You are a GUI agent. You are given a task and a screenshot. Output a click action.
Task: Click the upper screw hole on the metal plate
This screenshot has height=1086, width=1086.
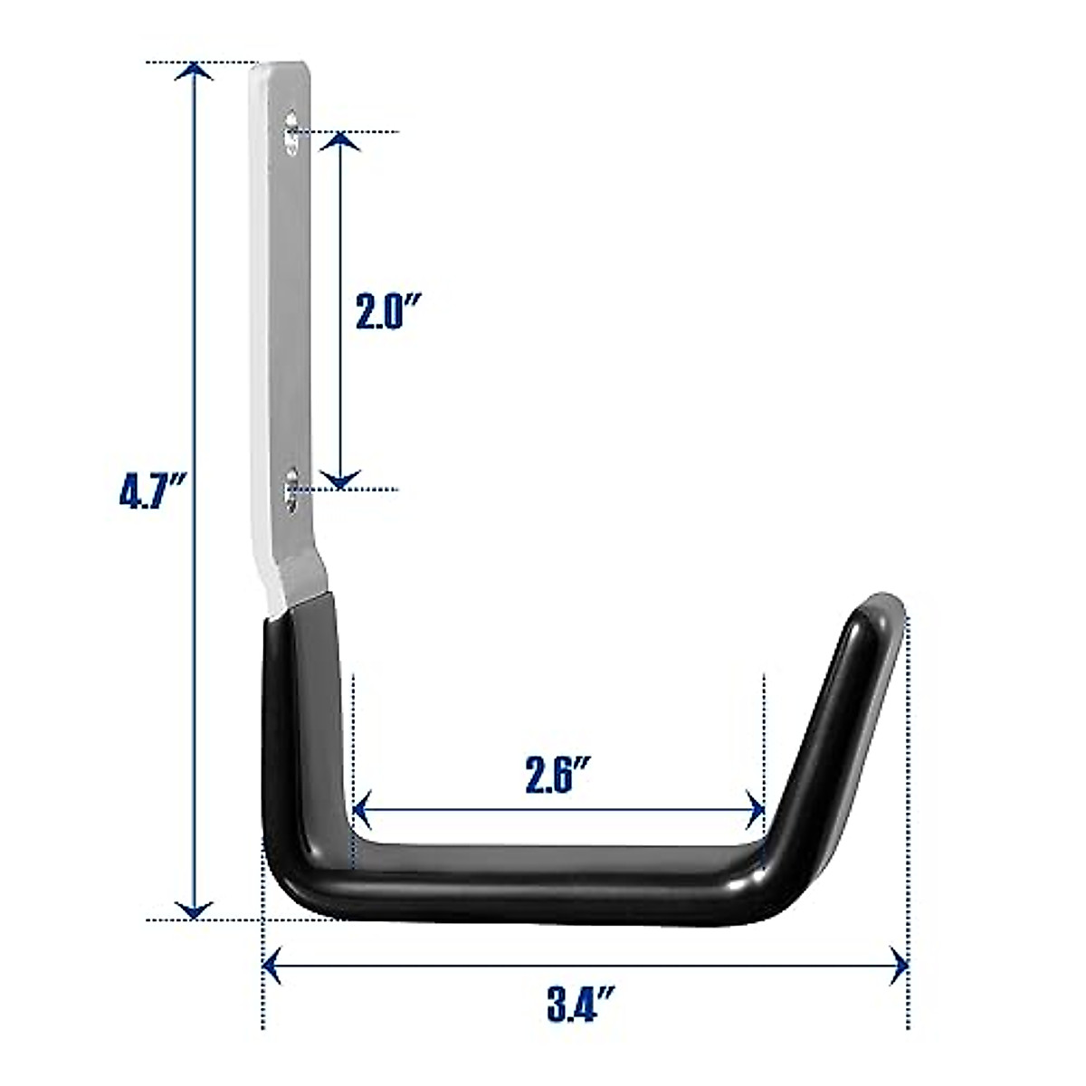click(292, 132)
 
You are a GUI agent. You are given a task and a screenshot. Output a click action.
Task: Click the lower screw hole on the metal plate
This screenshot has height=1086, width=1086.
click(292, 489)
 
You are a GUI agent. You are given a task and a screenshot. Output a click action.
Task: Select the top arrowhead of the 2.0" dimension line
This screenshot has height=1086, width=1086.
click(340, 141)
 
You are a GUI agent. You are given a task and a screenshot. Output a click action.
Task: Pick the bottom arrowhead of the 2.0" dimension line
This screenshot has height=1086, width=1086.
click(340, 480)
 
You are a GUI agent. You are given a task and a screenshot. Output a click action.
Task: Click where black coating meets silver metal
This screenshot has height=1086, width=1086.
click(300, 605)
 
